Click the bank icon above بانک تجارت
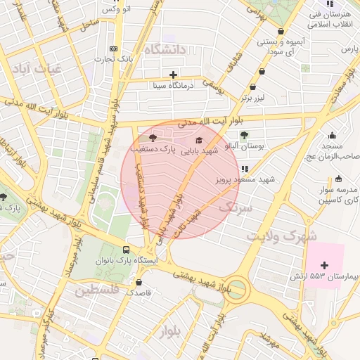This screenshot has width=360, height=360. coord(114,49)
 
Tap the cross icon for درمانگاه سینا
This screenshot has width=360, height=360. coord(173,75)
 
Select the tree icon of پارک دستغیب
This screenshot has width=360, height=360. coord(153,139)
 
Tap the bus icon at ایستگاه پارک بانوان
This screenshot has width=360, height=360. coord(126,250)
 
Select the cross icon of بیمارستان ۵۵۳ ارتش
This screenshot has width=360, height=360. coord(324,265)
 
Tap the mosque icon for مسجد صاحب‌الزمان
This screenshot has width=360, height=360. coord(332,135)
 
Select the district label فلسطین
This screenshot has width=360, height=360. coord(95,290)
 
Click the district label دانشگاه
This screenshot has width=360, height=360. coord(164,50)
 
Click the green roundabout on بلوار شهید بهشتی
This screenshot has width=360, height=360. coord(236,289)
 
